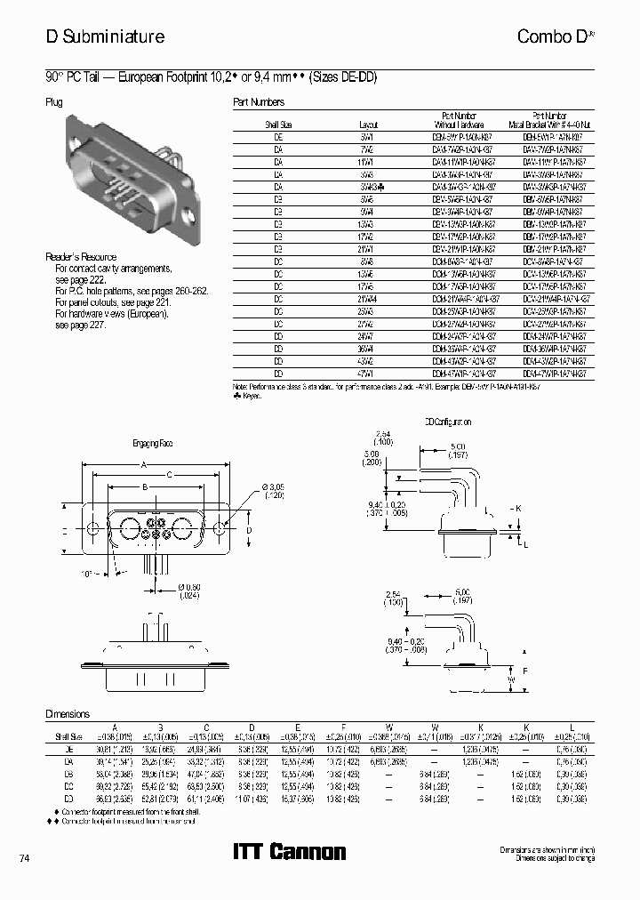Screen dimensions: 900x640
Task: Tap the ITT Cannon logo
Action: coord(289,852)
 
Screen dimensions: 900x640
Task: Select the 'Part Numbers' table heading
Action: coord(259,102)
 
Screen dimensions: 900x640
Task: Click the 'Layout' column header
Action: coord(367,125)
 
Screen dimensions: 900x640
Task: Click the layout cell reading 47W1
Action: coord(368,374)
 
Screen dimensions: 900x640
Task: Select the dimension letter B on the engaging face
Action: coord(143,486)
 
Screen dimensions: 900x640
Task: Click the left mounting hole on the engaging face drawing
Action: coord(92,528)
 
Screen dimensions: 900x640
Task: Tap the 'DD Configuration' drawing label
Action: coord(447,422)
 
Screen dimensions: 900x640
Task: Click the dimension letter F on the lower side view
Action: coord(524,671)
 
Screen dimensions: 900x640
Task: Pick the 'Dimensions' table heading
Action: coord(68,713)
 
